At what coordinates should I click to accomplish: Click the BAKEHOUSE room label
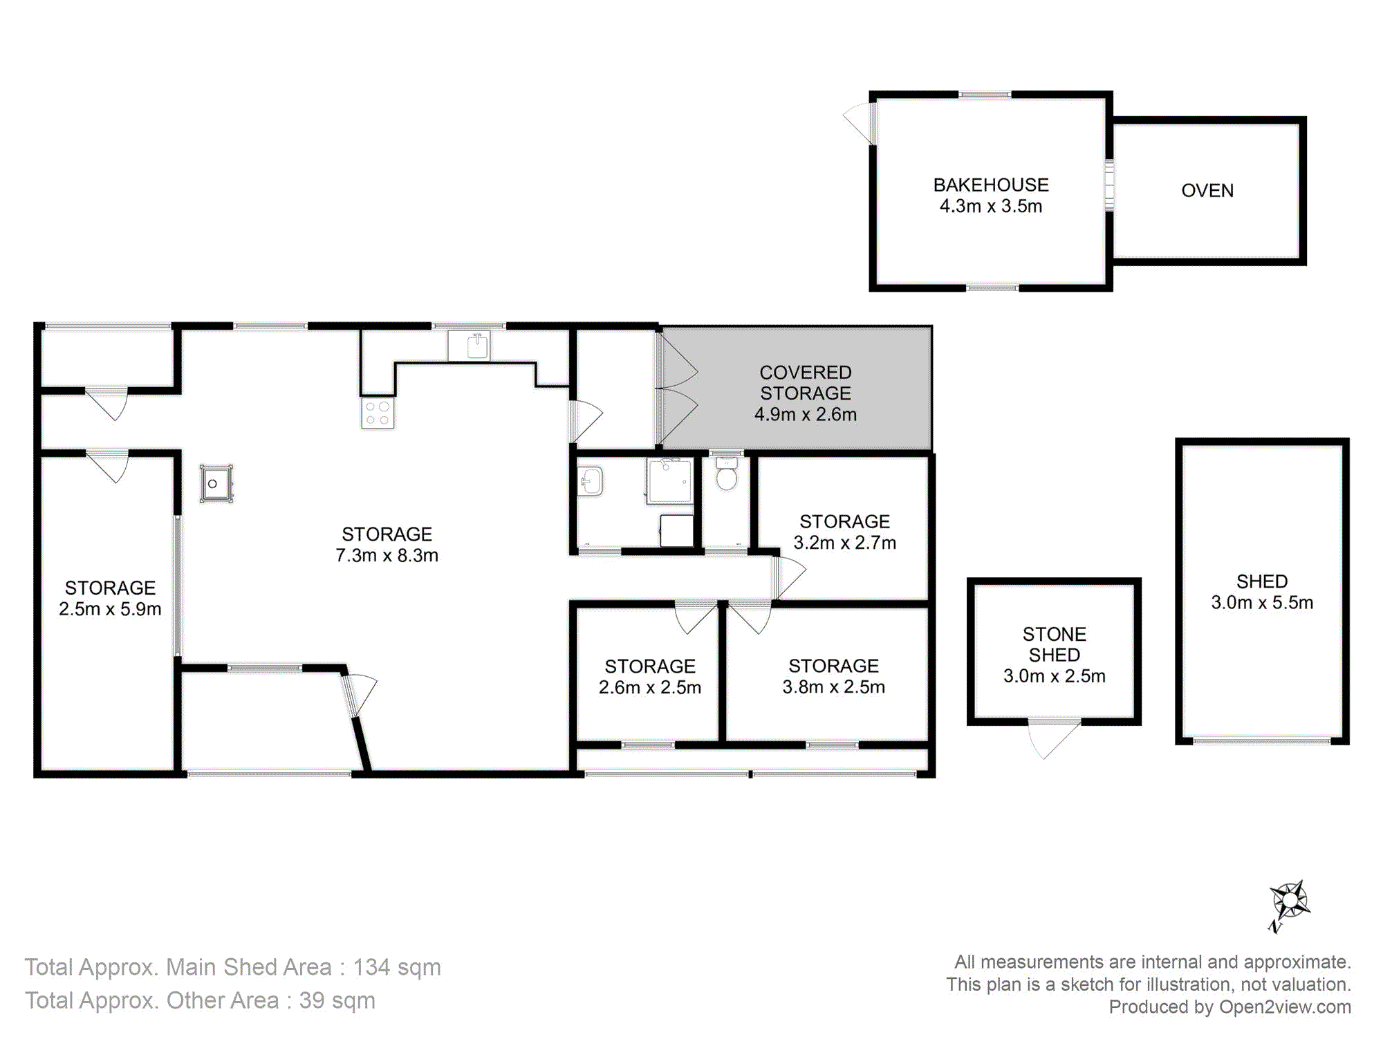point(991,185)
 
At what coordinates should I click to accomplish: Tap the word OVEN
point(1207,191)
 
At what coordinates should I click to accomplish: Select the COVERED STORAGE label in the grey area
point(806,383)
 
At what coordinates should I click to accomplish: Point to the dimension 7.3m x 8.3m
point(387,556)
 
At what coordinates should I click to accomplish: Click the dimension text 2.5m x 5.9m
point(110,609)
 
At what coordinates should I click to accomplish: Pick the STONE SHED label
point(1055,644)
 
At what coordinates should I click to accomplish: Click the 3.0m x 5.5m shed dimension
point(1262,603)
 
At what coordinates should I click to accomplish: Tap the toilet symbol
point(726,473)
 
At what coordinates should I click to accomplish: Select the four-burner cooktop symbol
point(378,413)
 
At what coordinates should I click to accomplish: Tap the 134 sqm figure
point(397,967)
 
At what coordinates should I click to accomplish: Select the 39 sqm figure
point(337,1000)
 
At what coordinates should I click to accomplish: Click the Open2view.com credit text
point(1285,1007)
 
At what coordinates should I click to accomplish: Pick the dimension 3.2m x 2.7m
point(845,543)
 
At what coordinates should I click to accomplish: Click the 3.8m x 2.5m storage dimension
point(834,687)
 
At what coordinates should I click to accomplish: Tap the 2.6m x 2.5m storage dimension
point(650,688)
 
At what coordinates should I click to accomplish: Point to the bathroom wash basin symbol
point(591,481)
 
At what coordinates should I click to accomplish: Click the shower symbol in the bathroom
point(669,480)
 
